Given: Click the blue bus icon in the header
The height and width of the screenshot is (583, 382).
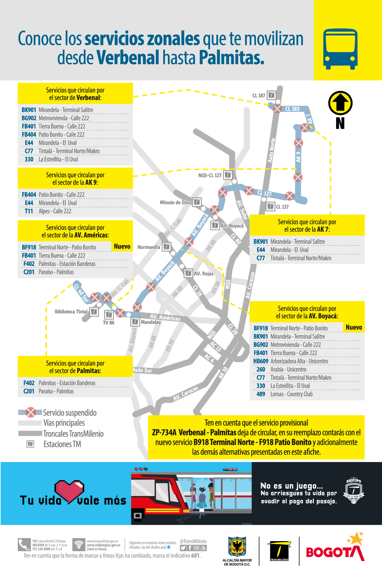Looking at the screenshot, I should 340,49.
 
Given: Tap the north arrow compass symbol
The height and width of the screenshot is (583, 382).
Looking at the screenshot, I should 340,103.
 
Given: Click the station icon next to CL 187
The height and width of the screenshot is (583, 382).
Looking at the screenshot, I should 272,95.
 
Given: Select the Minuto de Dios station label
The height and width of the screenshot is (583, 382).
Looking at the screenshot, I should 175,203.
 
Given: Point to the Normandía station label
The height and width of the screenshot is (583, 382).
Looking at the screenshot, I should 149,247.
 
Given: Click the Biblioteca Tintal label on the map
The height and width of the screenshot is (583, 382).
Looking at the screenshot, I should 71,312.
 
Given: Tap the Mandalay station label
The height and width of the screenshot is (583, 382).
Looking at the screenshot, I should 151,322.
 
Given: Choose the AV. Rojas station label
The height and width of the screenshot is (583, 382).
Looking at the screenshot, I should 203,274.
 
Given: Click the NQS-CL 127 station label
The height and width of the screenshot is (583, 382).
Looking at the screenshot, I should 210,176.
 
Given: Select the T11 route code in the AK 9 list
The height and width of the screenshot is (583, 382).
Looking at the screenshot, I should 29,211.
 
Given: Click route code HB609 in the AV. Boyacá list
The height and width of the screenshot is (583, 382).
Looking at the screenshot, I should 261,361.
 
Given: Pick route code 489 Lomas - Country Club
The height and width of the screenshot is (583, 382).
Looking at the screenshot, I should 261,394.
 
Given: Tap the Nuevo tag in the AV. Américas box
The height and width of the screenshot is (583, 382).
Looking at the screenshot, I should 122,247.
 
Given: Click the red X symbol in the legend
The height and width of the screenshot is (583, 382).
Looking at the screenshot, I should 31,412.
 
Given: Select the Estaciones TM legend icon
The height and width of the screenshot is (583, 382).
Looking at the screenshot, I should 30,444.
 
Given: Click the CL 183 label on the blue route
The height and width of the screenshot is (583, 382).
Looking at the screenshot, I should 292,109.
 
